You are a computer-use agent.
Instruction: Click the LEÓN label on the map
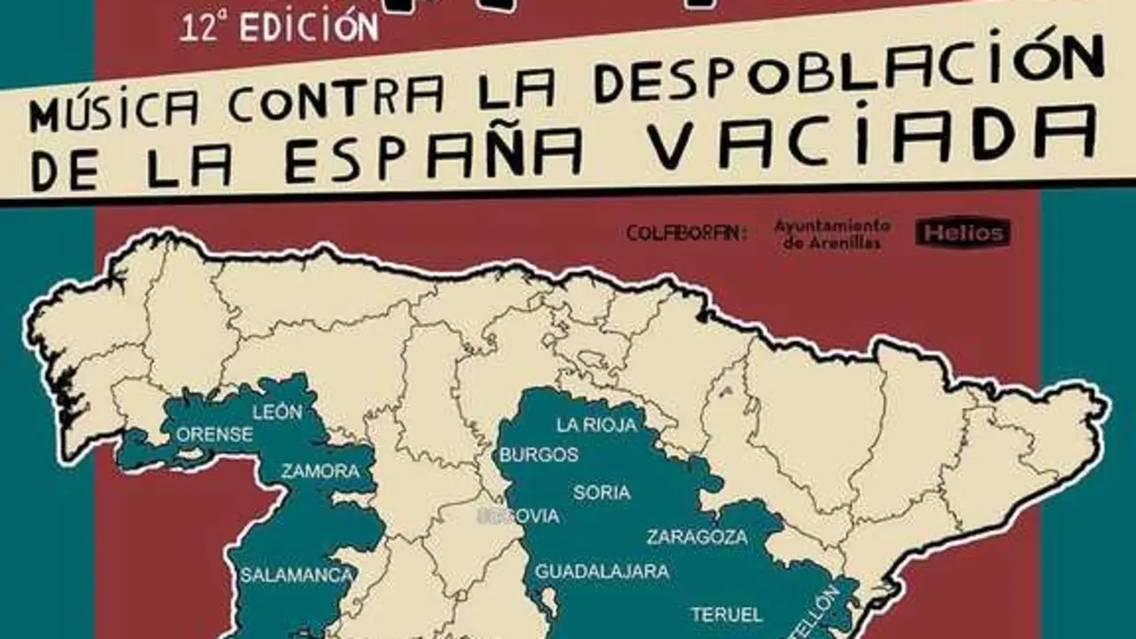pos(277,412)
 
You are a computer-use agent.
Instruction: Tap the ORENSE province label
pos(215,435)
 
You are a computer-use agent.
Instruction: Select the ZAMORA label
pos(320,471)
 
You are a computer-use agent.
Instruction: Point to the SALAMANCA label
pos(296,575)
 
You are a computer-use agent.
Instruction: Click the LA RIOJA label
pos(597,425)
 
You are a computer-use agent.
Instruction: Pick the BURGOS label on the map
pos(539,455)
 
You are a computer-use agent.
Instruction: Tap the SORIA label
pos(602,493)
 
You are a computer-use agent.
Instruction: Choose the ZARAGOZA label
pos(697,537)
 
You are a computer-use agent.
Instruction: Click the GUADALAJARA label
pos(602,572)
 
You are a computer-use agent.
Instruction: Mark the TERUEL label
pos(726,614)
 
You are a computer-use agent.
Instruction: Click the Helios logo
pos(963,233)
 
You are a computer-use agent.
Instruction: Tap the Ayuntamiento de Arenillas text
pos(832,234)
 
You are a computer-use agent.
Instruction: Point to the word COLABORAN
pos(686,233)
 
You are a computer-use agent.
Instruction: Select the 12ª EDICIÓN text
pos(279,27)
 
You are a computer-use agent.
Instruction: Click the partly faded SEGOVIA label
pos(519,516)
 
